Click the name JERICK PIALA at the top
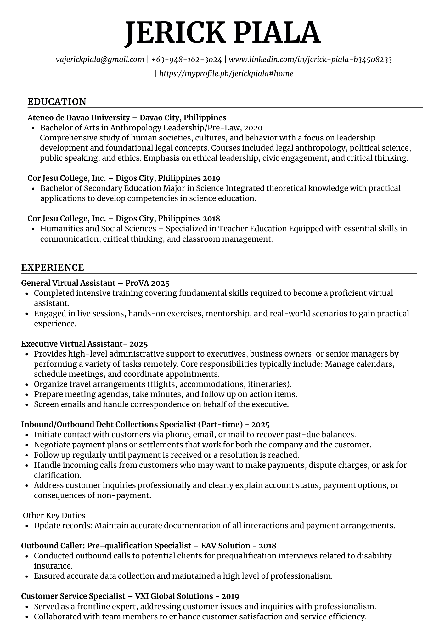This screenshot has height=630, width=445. click(x=222, y=33)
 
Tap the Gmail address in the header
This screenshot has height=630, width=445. click(x=100, y=60)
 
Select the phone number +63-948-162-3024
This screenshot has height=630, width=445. click(x=186, y=60)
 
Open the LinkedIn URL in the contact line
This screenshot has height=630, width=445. click(x=310, y=60)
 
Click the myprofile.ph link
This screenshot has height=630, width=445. click(x=226, y=74)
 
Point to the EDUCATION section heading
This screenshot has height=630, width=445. click(x=57, y=102)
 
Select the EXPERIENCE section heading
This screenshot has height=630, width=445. click(x=53, y=267)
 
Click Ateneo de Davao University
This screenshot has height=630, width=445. click(x=79, y=118)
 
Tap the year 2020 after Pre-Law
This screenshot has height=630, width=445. click(x=253, y=128)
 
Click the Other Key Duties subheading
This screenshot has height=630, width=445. click(x=54, y=516)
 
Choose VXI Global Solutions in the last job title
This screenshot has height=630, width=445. click(x=174, y=596)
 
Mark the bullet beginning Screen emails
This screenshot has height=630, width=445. click(x=161, y=404)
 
